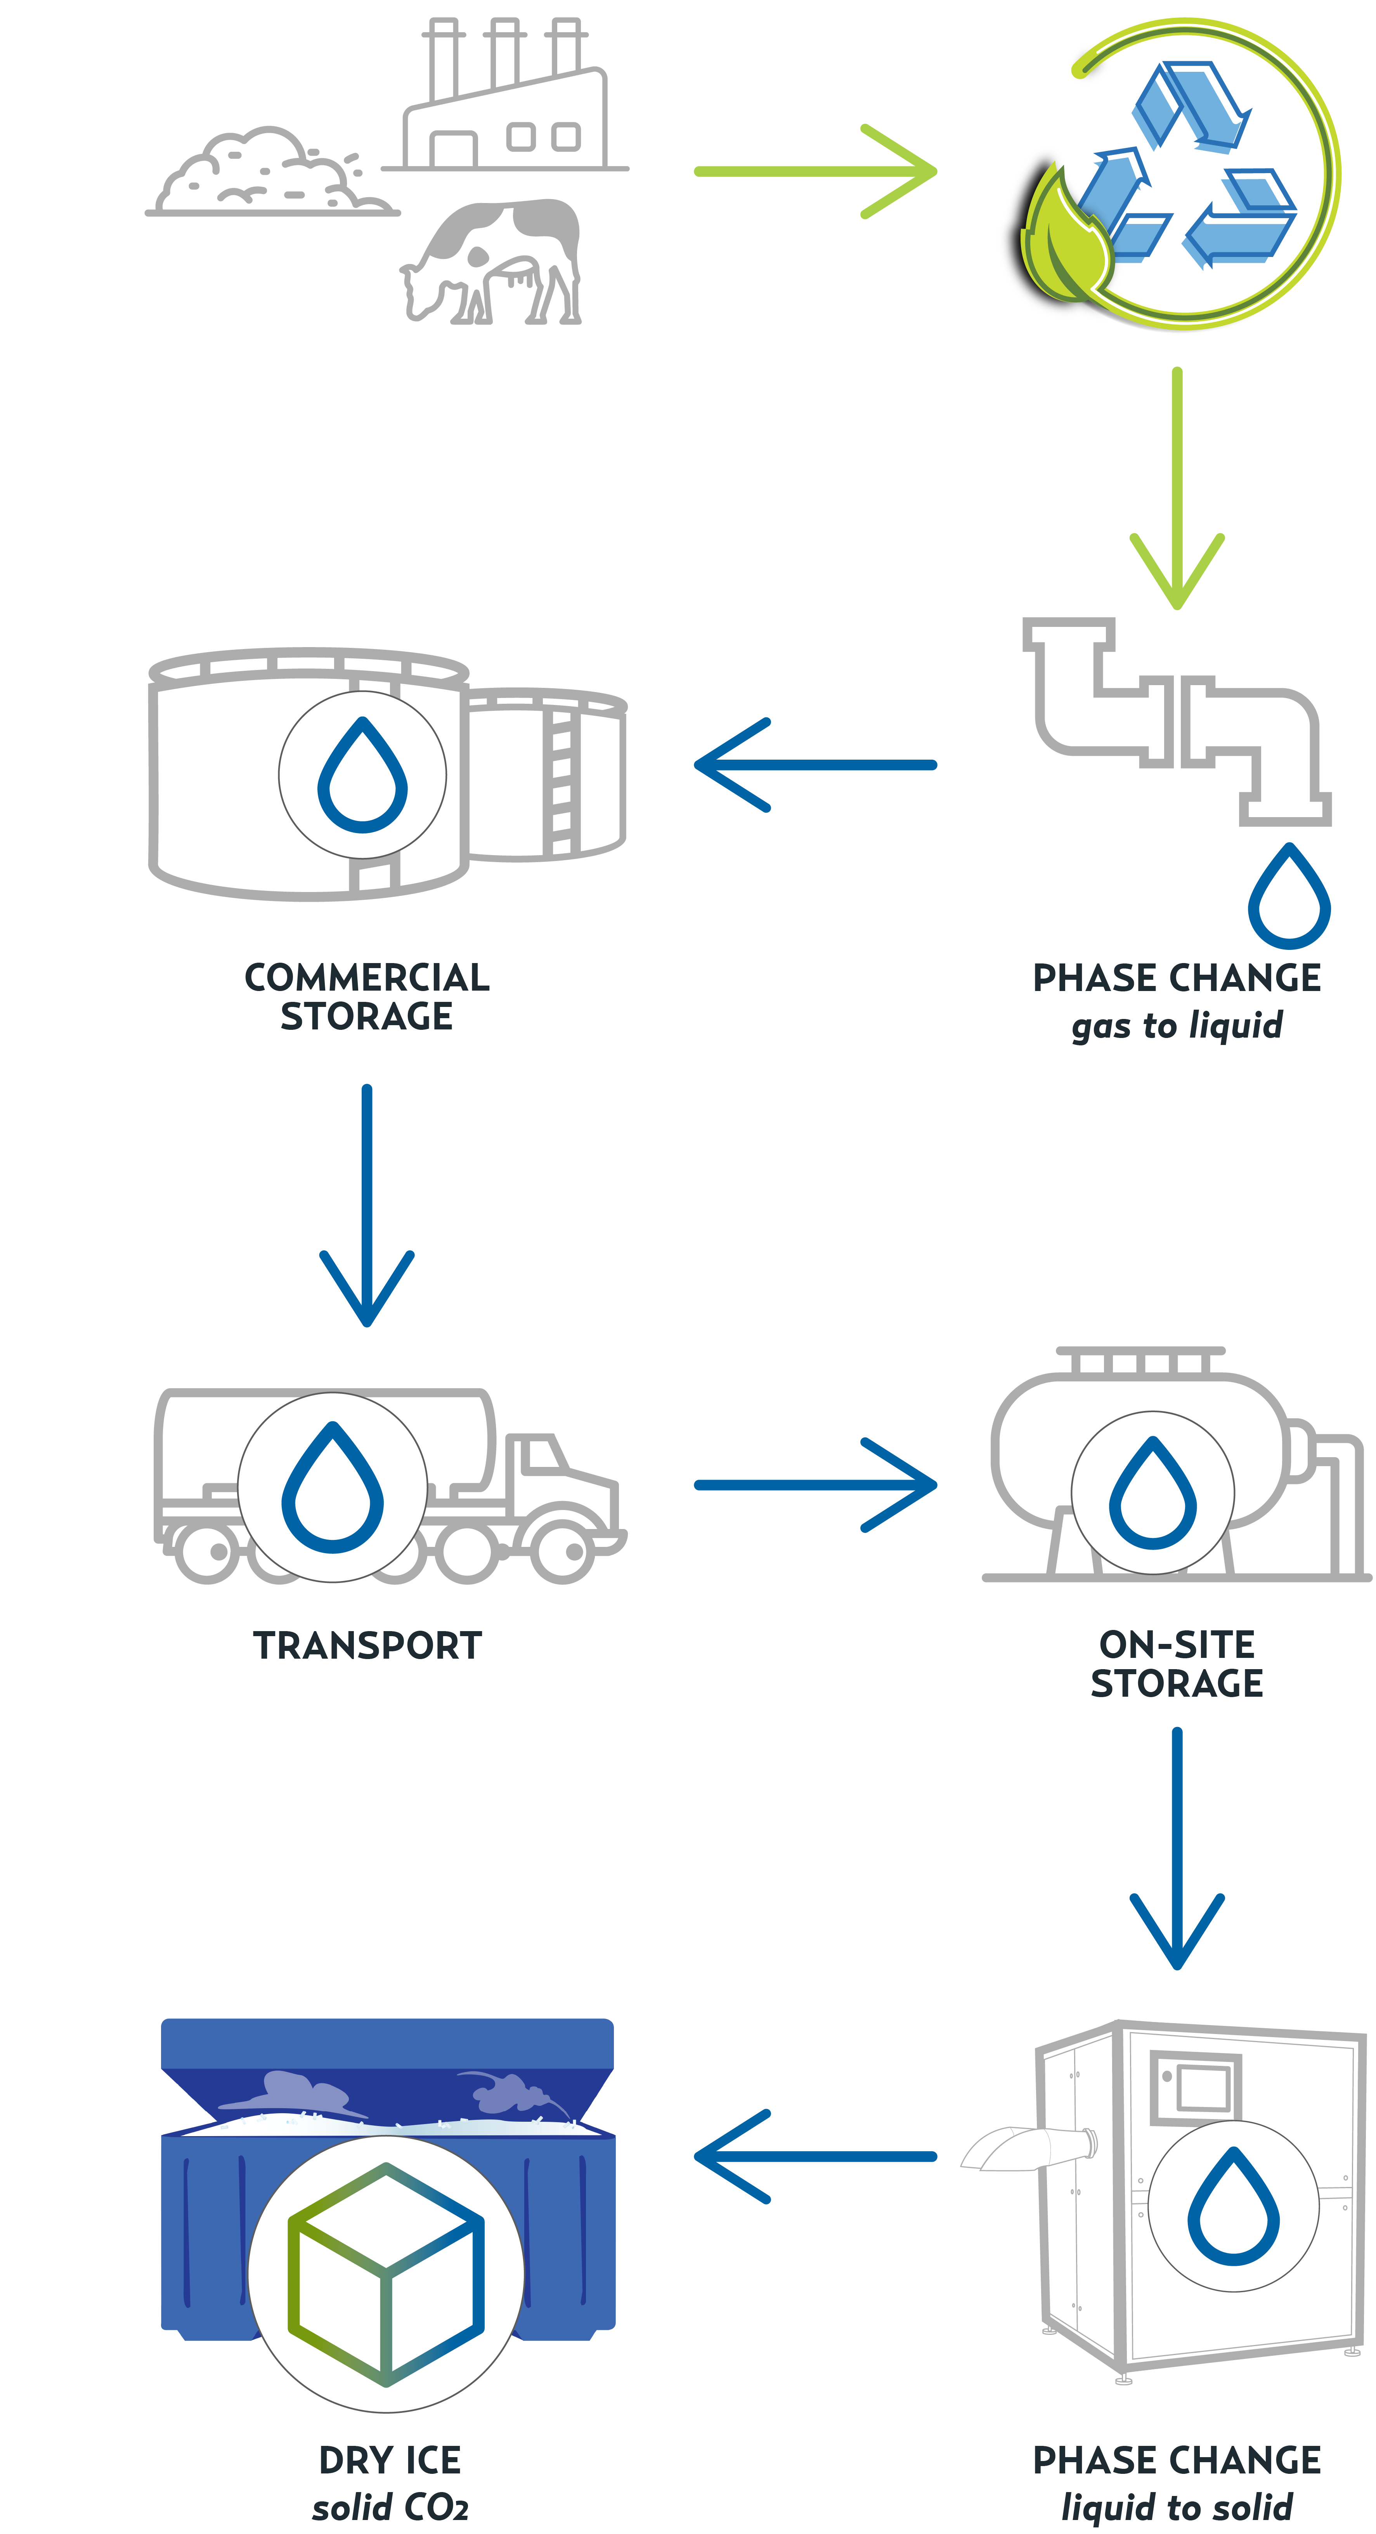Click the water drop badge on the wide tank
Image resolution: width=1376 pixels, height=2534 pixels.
pyautogui.click(x=362, y=775)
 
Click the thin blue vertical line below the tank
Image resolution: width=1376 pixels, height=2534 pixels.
pyautogui.click(x=368, y=1171)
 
